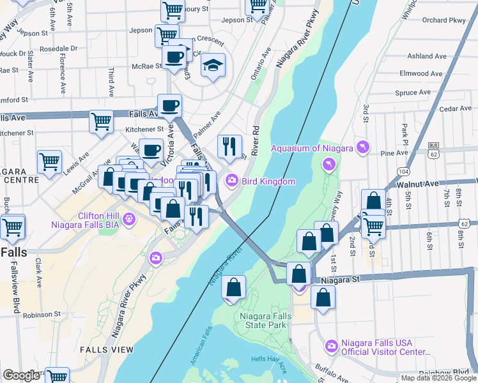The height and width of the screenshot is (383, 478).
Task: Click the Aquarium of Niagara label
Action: (x=311, y=149)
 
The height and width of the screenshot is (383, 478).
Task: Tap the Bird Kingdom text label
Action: (x=268, y=181)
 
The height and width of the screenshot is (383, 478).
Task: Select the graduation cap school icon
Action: (x=213, y=64)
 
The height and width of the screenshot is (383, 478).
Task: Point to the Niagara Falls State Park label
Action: (x=265, y=321)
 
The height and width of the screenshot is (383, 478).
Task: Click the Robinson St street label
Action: (x=42, y=315)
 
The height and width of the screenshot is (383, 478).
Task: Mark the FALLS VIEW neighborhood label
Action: (x=107, y=350)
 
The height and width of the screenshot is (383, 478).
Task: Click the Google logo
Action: (x=21, y=375)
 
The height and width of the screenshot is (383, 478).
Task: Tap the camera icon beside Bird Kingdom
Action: (x=231, y=181)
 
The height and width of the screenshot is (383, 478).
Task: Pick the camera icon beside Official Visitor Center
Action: (x=331, y=347)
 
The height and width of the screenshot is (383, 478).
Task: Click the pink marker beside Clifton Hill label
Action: (x=129, y=220)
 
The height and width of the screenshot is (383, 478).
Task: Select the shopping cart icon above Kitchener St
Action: (x=102, y=121)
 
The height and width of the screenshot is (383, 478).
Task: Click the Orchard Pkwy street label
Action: (x=443, y=20)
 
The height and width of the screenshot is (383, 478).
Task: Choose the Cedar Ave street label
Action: (x=456, y=109)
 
